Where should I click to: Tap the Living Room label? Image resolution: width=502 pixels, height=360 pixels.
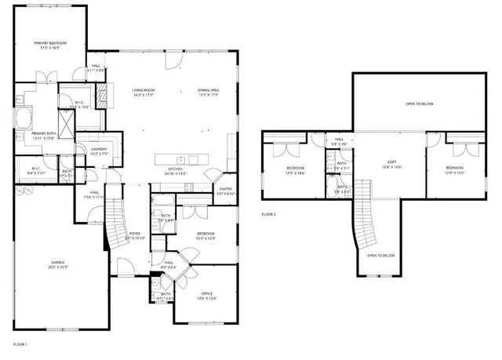tap(144, 91)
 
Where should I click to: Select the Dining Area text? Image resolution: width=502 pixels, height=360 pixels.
tap(208, 91)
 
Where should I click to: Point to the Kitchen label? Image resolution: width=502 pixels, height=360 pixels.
tap(174, 169)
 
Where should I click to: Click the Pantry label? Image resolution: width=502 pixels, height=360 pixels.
tap(226, 189)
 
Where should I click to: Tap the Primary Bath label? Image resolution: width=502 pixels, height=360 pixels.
tap(43, 134)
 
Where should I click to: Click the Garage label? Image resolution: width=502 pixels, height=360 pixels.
tap(57, 263)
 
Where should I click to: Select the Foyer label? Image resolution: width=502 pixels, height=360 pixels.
tap(135, 233)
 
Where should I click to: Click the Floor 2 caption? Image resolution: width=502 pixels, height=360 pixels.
tap(269, 214)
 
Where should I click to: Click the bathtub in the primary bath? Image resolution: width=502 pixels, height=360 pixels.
tap(22, 118)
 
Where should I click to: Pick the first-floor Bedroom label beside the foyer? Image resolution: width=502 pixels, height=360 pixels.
tap(206, 234)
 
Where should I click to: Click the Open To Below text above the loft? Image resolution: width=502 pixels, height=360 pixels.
tap(420, 104)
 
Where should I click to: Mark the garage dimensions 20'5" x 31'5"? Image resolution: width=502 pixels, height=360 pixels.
tap(57, 267)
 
